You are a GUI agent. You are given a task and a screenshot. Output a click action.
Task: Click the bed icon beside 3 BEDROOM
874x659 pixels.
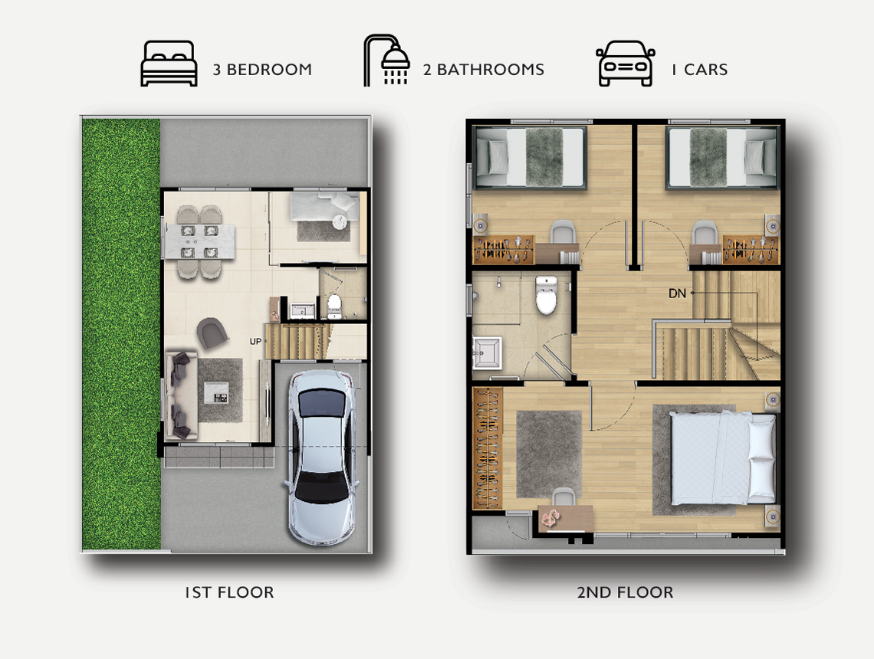[169, 64]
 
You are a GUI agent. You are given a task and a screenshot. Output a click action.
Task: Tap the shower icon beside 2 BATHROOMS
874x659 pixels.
[387, 61]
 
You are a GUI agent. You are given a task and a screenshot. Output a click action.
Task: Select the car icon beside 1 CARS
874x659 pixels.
[626, 64]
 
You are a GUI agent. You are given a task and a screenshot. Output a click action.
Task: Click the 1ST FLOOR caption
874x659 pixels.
[230, 592]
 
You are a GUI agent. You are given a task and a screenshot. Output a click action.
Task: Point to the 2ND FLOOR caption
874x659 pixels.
[625, 592]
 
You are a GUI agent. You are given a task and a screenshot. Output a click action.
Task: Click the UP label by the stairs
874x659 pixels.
[255, 342]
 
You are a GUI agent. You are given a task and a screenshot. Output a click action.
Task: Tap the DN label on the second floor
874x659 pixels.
[677, 293]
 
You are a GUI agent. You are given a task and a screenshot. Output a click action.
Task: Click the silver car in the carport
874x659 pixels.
[321, 457]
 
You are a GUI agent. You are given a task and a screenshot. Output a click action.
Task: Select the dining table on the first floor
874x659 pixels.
[199, 242]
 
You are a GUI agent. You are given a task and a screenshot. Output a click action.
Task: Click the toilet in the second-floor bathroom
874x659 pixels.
[546, 295]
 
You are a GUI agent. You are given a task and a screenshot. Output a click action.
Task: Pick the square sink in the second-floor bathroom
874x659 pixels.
[487, 353]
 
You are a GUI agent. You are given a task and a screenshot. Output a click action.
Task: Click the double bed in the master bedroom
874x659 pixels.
[722, 458]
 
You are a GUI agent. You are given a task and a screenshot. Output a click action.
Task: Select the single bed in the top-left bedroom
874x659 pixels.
[530, 157]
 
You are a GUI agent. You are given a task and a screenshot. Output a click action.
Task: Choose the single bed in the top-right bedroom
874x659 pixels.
[722, 157]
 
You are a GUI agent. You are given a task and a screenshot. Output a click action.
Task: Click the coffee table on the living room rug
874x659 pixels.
[215, 392]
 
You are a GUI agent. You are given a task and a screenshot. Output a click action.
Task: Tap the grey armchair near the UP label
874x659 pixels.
[212, 333]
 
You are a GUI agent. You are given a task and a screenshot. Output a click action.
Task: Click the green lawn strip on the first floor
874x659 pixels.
[121, 334]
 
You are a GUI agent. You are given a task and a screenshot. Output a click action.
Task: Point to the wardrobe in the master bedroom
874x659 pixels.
[487, 448]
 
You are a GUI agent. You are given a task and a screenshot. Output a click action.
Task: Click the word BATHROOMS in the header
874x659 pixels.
[491, 70]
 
